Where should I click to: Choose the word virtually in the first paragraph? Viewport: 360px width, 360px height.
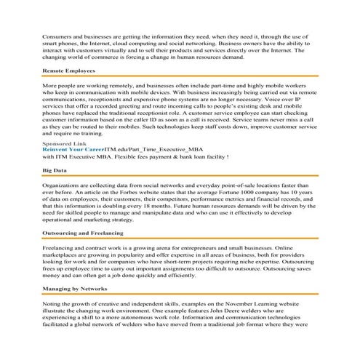pyautogui.click(x=125, y=49)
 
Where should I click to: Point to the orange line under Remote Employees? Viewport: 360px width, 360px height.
pyautogui.click(x=180, y=76)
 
